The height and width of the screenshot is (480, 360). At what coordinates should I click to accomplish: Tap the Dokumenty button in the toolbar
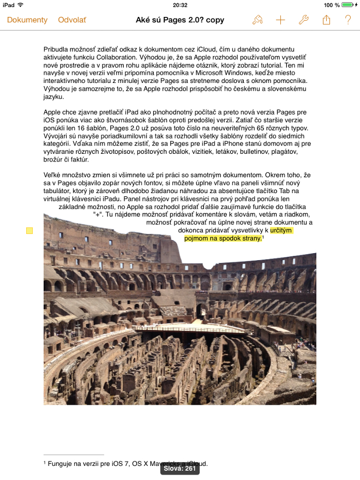coord(27,20)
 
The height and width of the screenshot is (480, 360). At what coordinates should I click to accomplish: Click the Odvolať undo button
coord(72,20)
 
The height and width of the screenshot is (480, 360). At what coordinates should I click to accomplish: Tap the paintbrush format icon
coord(257,20)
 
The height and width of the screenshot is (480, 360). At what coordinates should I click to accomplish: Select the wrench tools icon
coord(304,20)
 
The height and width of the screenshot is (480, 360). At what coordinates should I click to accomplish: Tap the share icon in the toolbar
coord(327,20)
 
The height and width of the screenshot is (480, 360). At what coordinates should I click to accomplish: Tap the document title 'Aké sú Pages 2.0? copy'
coord(180,20)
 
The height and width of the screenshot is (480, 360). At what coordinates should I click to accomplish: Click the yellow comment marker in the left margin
coord(29,231)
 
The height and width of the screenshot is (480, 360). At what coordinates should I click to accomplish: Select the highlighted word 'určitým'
coord(281,231)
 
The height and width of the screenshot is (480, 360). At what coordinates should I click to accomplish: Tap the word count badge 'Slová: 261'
coord(180,469)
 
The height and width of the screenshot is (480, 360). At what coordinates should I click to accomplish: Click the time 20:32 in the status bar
coord(180,5)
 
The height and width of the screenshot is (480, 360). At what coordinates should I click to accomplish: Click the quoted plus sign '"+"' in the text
coord(98,214)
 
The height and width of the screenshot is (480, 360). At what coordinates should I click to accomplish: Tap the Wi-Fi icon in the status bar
coord(21,5)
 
